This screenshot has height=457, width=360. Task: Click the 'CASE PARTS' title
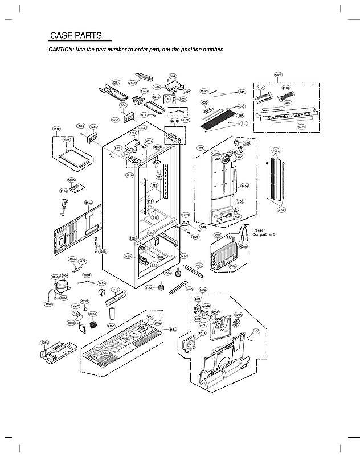(76, 35)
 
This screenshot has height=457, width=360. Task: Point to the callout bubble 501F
(56, 129)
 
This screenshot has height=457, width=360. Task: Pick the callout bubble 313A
(88, 202)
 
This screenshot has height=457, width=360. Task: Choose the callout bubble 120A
(200, 148)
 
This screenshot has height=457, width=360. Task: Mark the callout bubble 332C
(202, 290)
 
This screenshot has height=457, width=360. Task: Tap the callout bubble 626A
(116, 83)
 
